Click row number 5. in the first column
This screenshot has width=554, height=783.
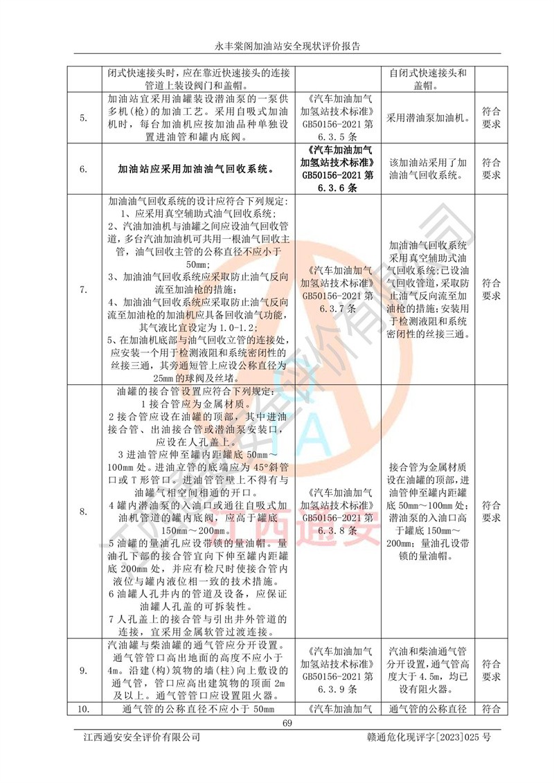pos(84,118)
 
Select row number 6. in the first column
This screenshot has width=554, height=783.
pos(84,168)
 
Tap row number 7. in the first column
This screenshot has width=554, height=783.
pos(84,289)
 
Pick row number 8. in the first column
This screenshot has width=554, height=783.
pos(84,512)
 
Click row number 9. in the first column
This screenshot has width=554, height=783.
pos(84,669)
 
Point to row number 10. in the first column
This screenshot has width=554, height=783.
pos(84,708)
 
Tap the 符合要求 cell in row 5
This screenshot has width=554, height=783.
pos(490,118)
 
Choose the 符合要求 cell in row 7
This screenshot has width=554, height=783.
pos(490,289)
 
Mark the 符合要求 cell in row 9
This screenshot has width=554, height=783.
pos(490,669)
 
